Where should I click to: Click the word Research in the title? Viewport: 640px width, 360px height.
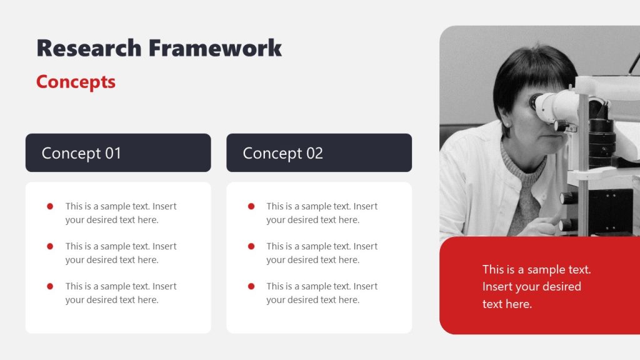click(x=89, y=48)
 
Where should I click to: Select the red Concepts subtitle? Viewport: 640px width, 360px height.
click(x=76, y=82)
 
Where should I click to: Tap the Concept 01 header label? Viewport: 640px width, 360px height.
click(x=81, y=153)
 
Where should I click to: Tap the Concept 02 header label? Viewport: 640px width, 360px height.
click(x=282, y=153)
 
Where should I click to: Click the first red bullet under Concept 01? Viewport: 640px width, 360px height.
click(x=50, y=206)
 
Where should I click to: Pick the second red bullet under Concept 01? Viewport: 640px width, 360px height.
click(x=50, y=246)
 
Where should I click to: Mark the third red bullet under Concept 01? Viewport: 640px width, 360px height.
click(x=50, y=286)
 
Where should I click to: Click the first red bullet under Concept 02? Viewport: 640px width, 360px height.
click(x=251, y=206)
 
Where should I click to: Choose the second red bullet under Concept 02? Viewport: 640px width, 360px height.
click(x=251, y=246)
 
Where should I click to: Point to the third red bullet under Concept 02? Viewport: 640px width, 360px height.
click(x=251, y=286)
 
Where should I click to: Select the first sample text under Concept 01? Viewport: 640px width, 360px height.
click(x=121, y=213)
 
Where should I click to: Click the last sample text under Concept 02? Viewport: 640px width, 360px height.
click(x=322, y=293)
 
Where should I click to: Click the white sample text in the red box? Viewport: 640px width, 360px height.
click(x=536, y=286)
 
